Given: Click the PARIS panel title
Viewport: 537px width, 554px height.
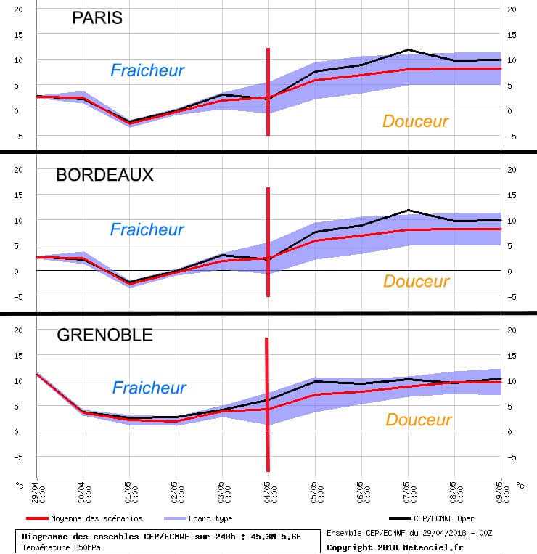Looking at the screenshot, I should pyautogui.click(x=97, y=19).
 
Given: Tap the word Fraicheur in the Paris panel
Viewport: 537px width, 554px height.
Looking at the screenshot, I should pyautogui.click(x=147, y=70).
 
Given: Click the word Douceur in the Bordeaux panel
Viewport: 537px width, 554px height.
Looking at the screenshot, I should pyautogui.click(x=416, y=281).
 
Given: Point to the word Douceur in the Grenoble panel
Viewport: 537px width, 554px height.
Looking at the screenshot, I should pyautogui.click(x=418, y=420).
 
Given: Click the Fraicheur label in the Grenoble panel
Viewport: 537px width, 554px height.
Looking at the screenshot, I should pyautogui.click(x=149, y=388).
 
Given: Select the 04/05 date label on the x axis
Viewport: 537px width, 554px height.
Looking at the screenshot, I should pyautogui.click(x=268, y=492).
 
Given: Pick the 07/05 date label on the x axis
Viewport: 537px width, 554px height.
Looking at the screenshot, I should pyautogui.click(x=409, y=492).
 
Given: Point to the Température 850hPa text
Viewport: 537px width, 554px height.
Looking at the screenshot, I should pyautogui.click(x=61, y=547).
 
